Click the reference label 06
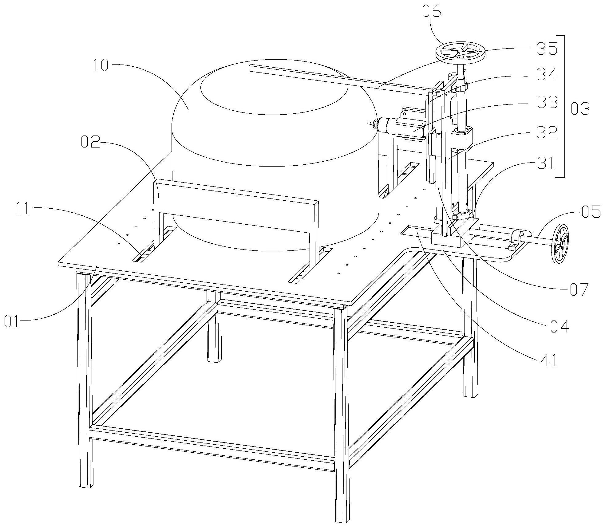pos(432,12)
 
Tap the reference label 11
pos(22,210)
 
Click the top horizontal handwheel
pos(460,53)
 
